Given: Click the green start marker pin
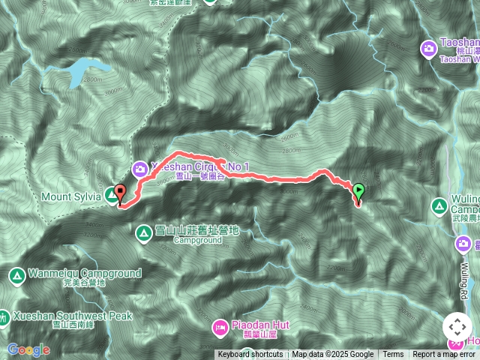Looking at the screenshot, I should (358, 192).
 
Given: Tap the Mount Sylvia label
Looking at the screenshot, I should (72, 196).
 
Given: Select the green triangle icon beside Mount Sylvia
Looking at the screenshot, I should (111, 196).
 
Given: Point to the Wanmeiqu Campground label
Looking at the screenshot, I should (85, 274).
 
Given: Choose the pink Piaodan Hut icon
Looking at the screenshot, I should (220, 325).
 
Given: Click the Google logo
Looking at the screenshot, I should (28, 349).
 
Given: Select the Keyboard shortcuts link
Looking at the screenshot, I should (250, 355).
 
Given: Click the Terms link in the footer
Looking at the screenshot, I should (393, 355).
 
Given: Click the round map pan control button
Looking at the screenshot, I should (457, 327).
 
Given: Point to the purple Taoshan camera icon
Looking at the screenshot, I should (428, 48).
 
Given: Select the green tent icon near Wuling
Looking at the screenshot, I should (439, 205).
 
